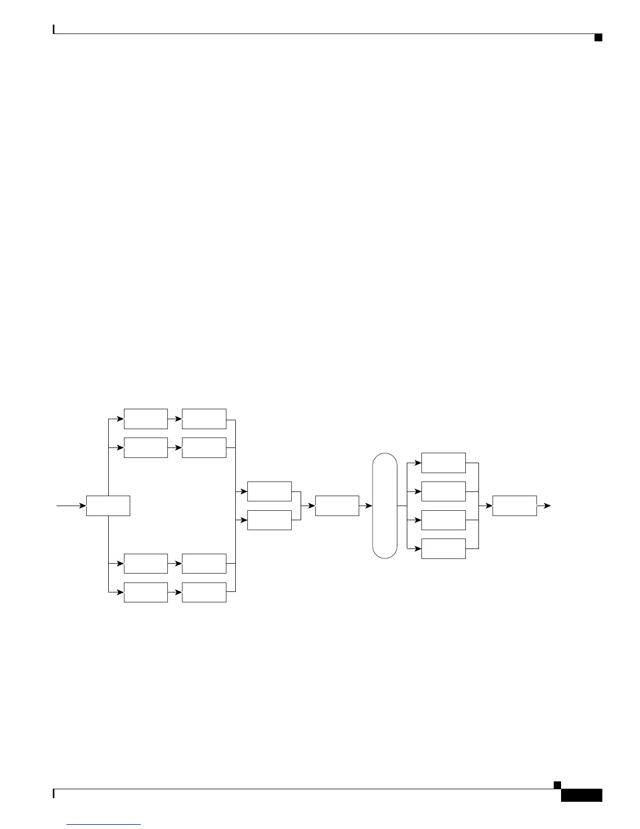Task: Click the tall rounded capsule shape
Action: coord(384,506)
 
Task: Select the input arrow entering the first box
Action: coord(71,506)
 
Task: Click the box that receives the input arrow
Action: coord(108,506)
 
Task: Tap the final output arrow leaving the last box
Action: coord(544,506)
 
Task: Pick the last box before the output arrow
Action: coord(515,506)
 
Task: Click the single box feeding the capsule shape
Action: coord(337,506)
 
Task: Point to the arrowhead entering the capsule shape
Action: coord(369,506)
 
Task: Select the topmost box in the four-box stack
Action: coord(443,463)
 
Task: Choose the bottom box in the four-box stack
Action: coord(443,548)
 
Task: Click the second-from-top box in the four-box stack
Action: coord(443,491)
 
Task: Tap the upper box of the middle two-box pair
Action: coord(269,491)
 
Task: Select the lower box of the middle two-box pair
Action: coord(269,520)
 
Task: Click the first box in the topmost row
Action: coord(146,419)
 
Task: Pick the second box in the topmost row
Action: coord(204,419)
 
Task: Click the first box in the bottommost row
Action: coord(146,592)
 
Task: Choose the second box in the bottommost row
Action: coord(204,592)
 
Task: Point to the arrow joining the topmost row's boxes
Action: coord(175,419)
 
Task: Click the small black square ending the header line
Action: coord(598,37)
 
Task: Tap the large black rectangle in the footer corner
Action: coord(581,796)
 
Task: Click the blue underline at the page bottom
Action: coord(104,825)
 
